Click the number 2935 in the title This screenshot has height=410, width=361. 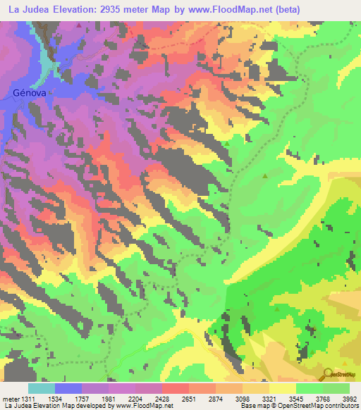(x=106, y=10)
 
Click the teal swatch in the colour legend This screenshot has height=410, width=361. (x=42, y=387)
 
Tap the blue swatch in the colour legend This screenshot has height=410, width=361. (x=68, y=387)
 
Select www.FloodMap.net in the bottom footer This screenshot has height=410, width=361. (x=148, y=406)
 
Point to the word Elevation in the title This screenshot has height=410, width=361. (x=71, y=10)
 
